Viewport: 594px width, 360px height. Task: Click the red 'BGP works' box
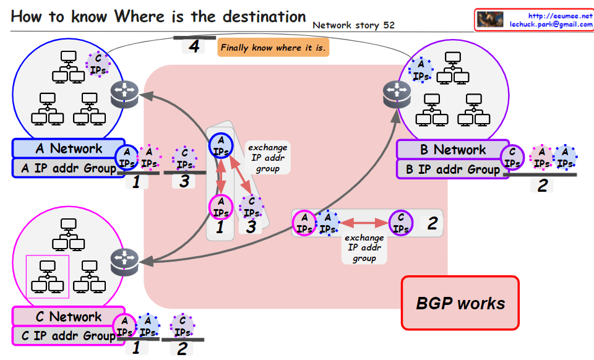[460, 303]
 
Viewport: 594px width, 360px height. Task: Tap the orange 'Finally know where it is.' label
[273, 48]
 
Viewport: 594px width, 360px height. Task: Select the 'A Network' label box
[68, 148]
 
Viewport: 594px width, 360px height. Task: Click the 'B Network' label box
[452, 150]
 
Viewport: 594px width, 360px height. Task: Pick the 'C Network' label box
[68, 317]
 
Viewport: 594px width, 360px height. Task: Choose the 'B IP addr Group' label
[452, 169]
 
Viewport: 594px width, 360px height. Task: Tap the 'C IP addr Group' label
[64, 335]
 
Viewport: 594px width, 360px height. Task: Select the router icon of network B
[395, 92]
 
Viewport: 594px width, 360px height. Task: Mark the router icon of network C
[124, 262]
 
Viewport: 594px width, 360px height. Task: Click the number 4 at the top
[194, 46]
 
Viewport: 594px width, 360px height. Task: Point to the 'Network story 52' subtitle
[354, 25]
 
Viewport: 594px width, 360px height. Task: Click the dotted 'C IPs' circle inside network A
[98, 63]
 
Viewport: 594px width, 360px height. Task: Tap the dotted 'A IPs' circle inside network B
[421, 70]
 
